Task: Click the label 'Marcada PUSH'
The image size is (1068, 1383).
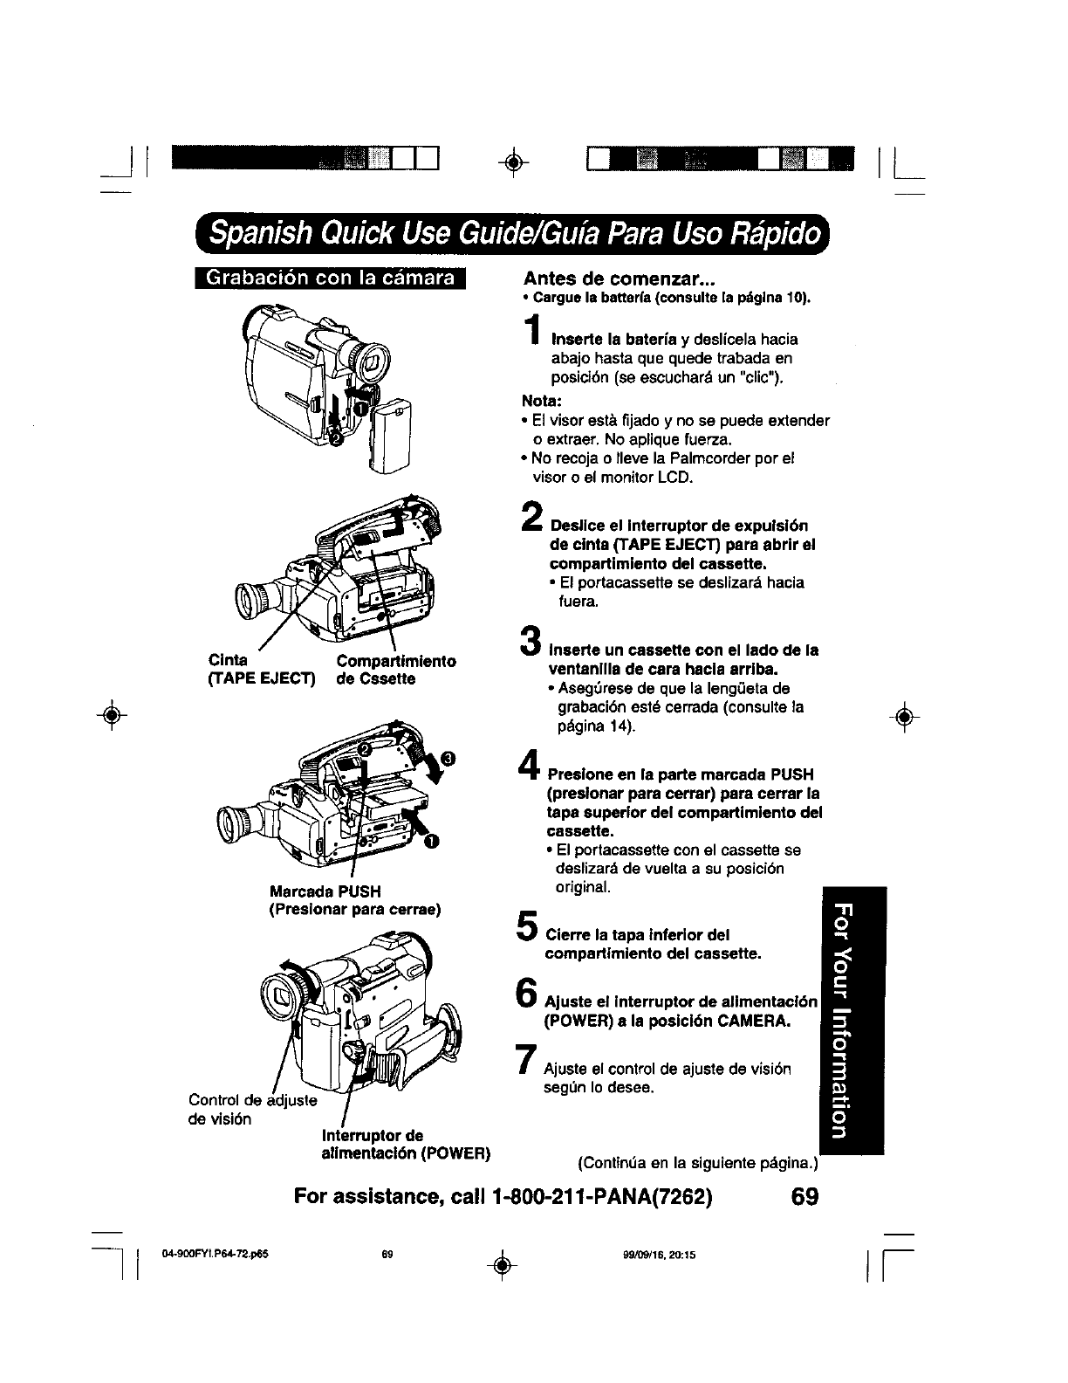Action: [x=325, y=891]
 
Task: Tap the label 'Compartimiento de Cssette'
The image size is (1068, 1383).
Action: [x=395, y=670]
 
